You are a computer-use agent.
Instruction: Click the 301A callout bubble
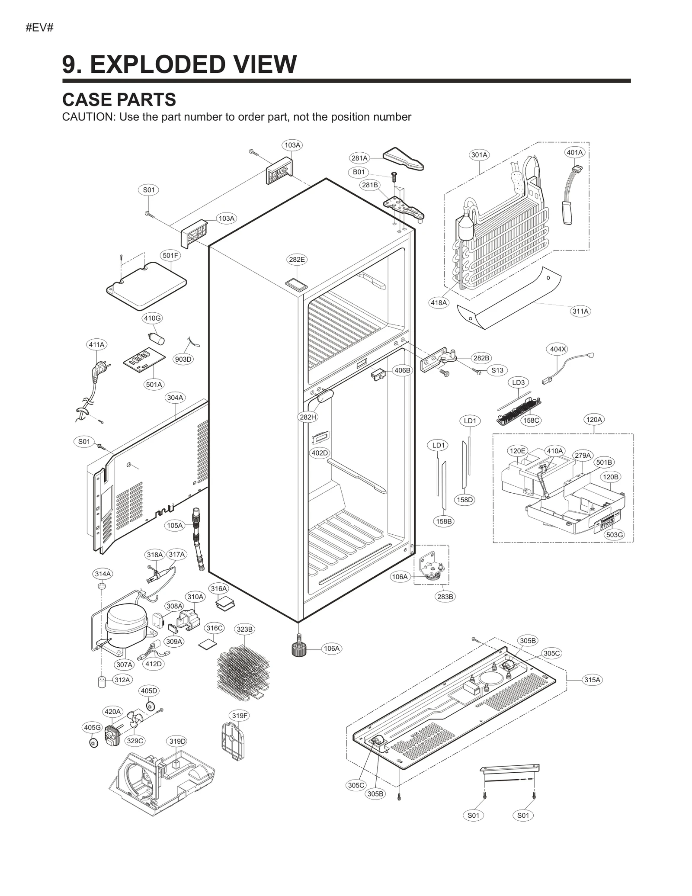pyautogui.click(x=479, y=155)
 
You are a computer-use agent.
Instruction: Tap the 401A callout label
pyautogui.click(x=575, y=152)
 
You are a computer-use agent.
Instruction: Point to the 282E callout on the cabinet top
pyautogui.click(x=297, y=260)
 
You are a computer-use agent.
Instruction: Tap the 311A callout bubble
pyautogui.click(x=580, y=311)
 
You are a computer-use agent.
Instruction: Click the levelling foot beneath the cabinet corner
pyautogui.click(x=298, y=649)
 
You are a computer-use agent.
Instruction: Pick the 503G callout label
pyautogui.click(x=614, y=535)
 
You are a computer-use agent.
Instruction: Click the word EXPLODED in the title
pyautogui.click(x=158, y=64)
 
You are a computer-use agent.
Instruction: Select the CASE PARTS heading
pyautogui.click(x=119, y=100)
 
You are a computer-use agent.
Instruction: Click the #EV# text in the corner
pyautogui.click(x=39, y=28)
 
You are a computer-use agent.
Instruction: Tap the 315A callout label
pyautogui.click(x=592, y=680)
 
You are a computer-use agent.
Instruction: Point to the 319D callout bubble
pyautogui.click(x=177, y=741)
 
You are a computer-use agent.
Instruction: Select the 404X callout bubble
pyautogui.click(x=557, y=349)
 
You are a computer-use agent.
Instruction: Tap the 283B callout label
pyautogui.click(x=445, y=597)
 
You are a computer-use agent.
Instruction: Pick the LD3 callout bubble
pyautogui.click(x=518, y=382)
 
